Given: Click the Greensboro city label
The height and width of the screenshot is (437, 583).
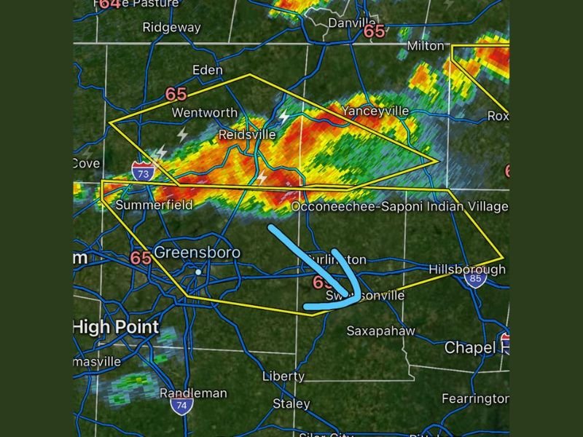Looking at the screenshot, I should tap(197, 253).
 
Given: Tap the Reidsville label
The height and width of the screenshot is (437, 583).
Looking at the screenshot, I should tap(247, 135).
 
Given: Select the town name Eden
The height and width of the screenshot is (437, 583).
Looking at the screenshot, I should tap(207, 70).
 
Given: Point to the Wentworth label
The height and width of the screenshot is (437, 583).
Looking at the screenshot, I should tap(204, 113).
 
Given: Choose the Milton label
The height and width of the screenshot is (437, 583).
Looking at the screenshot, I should tap(425, 46).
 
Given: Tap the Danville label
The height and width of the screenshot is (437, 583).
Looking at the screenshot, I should tap(352, 23).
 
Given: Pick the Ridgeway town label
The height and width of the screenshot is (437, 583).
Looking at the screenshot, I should tap(171, 28).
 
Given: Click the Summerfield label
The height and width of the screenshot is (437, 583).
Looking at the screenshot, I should tap(154, 205).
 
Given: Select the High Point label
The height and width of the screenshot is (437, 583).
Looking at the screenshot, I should tap(116, 327).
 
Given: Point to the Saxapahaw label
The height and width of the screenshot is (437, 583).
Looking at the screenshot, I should tap(380, 331).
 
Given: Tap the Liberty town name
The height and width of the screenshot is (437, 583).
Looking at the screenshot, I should tap(283, 377).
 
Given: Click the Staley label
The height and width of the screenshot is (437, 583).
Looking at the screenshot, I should tap(291, 403).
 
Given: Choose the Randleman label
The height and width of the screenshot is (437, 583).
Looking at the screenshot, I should tap(193, 393).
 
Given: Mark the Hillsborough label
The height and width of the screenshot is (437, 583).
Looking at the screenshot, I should tap(466, 269).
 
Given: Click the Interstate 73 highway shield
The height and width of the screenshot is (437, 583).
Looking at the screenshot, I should tap(142, 172).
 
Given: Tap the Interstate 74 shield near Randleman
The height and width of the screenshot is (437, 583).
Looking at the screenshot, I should tap(182, 406).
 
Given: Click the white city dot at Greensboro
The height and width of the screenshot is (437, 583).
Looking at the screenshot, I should tap(197, 272).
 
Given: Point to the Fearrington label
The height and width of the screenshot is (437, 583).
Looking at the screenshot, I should tap(475, 399).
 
